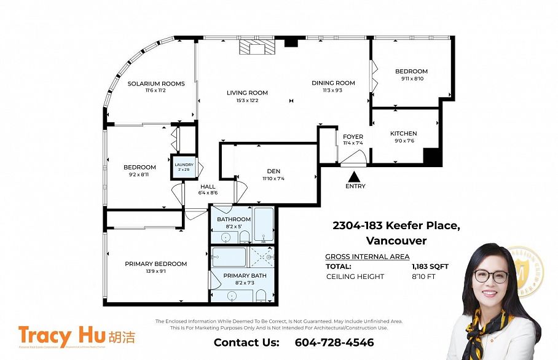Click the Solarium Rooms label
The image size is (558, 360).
156,84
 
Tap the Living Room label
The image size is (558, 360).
247,93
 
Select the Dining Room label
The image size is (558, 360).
333,83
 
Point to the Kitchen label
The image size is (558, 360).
403,133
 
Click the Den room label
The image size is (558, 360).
273,171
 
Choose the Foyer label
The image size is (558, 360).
353,136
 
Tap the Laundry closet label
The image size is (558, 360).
184,165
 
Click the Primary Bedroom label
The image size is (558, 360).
155,264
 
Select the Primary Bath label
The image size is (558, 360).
245,276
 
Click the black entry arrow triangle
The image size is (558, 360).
355,176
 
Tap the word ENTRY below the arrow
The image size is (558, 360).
355,186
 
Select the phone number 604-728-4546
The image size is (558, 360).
334,342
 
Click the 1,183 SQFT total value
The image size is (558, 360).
430,267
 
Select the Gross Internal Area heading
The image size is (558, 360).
367,257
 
